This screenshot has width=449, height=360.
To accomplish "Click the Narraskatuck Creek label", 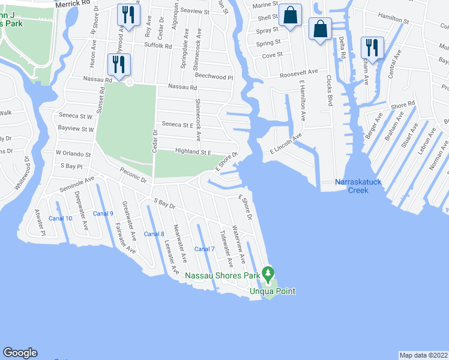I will [359, 186].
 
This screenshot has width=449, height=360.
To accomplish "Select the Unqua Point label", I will [273, 291].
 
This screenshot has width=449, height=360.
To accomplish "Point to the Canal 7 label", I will [205, 249].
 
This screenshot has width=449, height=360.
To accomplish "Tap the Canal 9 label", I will [103, 214].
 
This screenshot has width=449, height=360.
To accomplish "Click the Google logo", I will [20, 353].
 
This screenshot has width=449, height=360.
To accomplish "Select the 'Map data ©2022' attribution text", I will [424, 355].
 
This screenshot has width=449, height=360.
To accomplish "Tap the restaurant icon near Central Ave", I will [372, 48].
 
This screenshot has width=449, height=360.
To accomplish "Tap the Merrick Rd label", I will [76, 4].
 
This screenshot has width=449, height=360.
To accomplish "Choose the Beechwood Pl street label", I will [213, 77].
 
